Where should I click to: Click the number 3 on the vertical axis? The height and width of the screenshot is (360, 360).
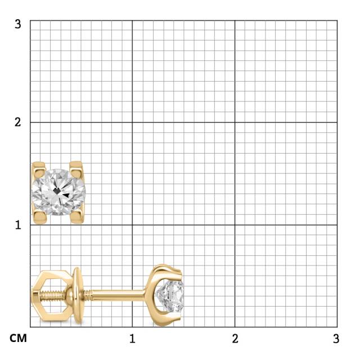17,24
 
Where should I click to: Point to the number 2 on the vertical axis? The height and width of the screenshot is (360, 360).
17,122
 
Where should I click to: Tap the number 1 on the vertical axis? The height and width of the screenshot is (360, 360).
18,225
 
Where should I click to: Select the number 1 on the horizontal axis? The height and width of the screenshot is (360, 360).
132,339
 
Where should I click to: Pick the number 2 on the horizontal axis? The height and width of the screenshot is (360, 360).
235,339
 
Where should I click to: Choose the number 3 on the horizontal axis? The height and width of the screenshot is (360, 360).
336,339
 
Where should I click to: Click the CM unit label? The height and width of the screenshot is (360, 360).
18,339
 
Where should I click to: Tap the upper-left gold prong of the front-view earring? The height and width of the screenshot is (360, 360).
39,168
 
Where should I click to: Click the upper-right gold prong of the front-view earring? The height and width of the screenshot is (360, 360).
76,168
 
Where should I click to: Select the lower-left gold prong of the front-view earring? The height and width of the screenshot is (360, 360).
40,218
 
